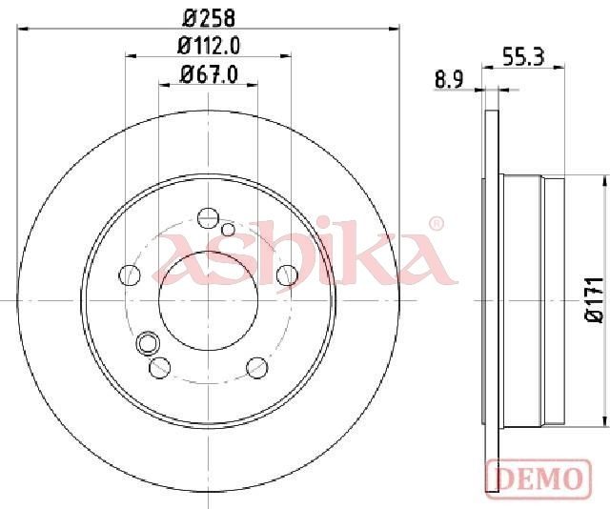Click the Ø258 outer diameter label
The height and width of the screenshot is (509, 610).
click(209, 18)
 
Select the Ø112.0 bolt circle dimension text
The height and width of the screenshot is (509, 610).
click(209, 46)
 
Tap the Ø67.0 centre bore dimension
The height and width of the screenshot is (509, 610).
click(209, 74)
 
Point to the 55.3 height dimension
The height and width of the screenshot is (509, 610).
click(523, 57)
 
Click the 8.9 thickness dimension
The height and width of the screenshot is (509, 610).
click(449, 80)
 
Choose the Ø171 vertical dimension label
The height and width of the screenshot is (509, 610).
click(595, 299)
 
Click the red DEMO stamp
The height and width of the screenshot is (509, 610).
click(539, 478)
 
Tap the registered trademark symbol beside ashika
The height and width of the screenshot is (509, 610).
click(436, 224)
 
